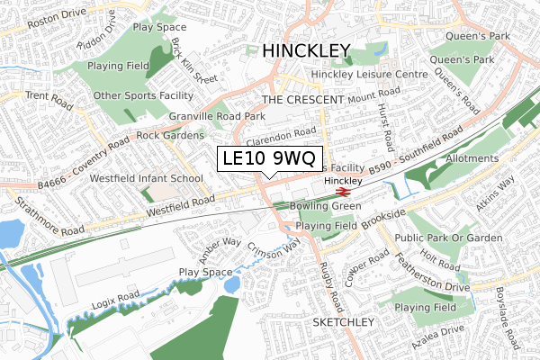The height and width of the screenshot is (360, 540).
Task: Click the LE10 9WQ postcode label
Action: [x=266, y=159]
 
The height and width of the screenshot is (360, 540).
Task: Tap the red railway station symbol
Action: [x=342, y=191]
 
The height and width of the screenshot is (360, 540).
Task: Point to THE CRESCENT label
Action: [x=303, y=99]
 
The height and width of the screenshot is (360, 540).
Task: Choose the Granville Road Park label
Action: [x=217, y=117]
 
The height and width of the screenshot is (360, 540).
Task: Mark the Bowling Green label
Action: [x=326, y=206]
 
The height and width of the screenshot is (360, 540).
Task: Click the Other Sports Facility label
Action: [x=144, y=94]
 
